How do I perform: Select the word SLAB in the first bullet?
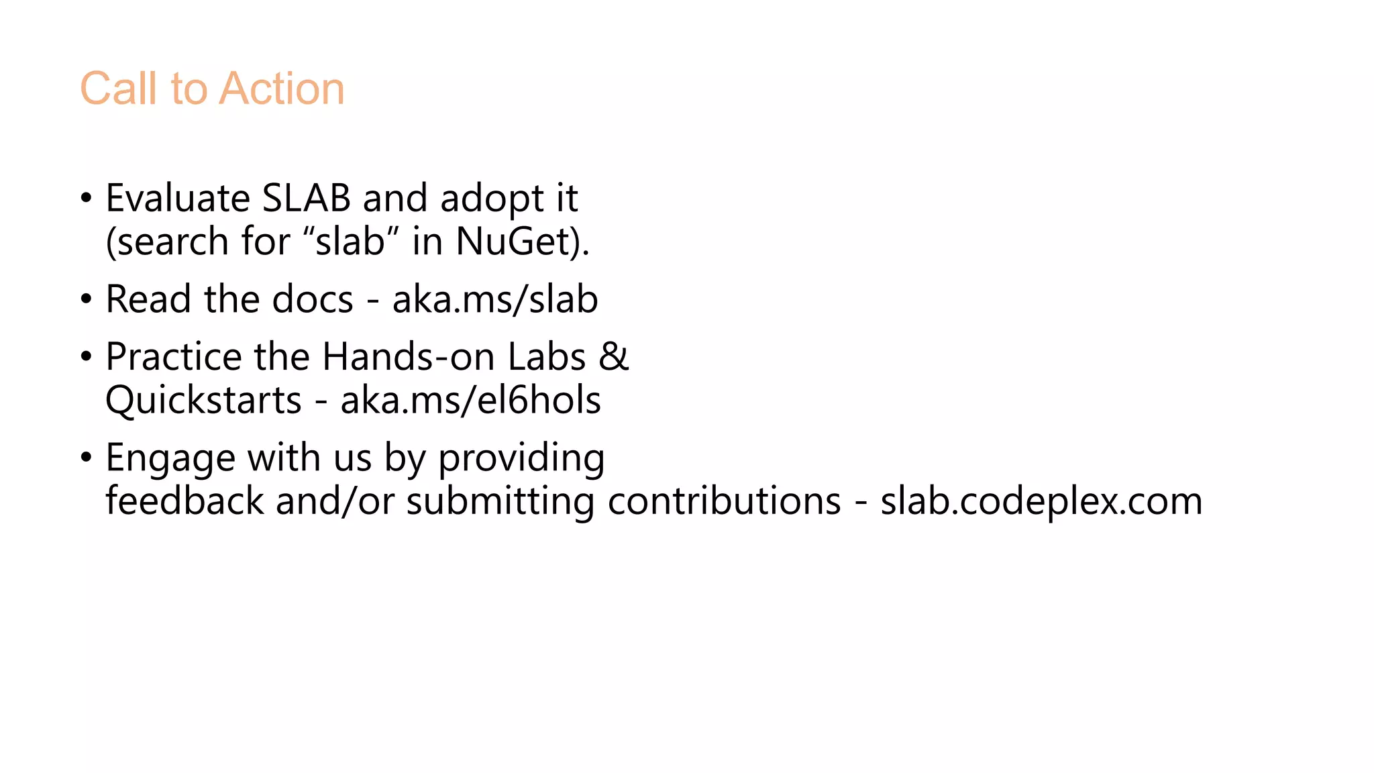click(306, 199)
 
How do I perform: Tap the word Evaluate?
click(178, 199)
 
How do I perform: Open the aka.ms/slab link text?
click(495, 299)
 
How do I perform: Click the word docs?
click(313, 299)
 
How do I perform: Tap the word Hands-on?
click(409, 357)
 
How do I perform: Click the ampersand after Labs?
click(613, 357)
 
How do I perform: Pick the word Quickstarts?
click(203, 401)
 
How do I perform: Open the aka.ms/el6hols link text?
click(470, 401)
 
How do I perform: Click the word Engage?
click(170, 458)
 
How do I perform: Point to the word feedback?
click(184, 501)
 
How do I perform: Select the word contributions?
click(724, 501)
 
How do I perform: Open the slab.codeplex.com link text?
click(1041, 501)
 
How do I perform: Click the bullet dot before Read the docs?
click(86, 299)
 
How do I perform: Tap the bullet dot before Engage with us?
click(86, 458)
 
